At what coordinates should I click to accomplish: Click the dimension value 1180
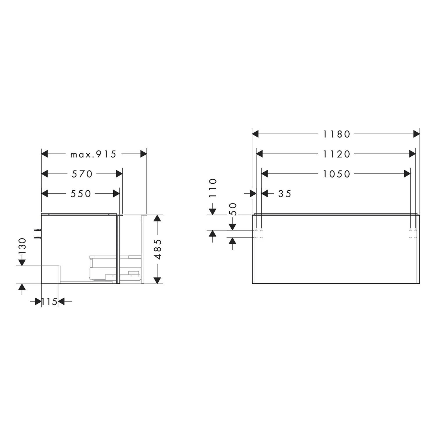pos(337,134)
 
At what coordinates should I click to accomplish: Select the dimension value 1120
pos(337,154)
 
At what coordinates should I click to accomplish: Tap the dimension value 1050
pos(337,174)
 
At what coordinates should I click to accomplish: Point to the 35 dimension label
pos(285,194)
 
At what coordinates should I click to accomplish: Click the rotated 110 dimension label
pos(213,188)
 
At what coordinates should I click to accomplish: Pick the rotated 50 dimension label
pos(233,209)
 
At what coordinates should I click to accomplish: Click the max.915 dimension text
pos(93,154)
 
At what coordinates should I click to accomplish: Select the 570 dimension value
pos(82,174)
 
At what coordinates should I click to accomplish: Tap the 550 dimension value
pos(81,194)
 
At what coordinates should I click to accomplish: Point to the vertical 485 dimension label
pos(158,249)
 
